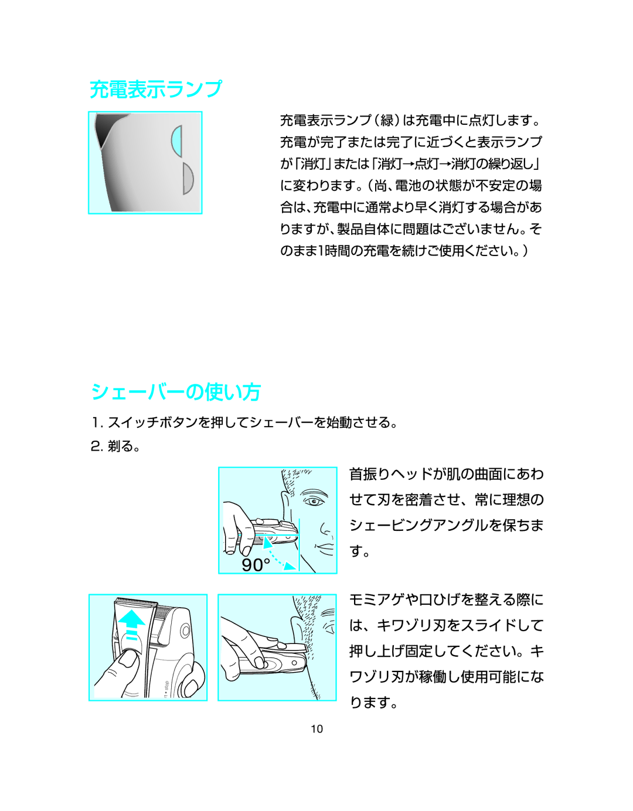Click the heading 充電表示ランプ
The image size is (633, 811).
(x=156, y=90)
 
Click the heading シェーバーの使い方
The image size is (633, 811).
(x=175, y=392)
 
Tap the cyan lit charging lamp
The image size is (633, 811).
(x=177, y=141)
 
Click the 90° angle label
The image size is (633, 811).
(x=256, y=565)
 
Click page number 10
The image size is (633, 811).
(x=317, y=729)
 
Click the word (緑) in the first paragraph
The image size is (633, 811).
(x=387, y=120)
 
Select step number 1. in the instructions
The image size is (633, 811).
(x=97, y=423)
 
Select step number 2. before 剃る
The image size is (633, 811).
(x=97, y=447)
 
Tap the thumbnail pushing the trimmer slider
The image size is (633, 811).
(x=128, y=660)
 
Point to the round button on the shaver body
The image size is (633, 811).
(x=185, y=631)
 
